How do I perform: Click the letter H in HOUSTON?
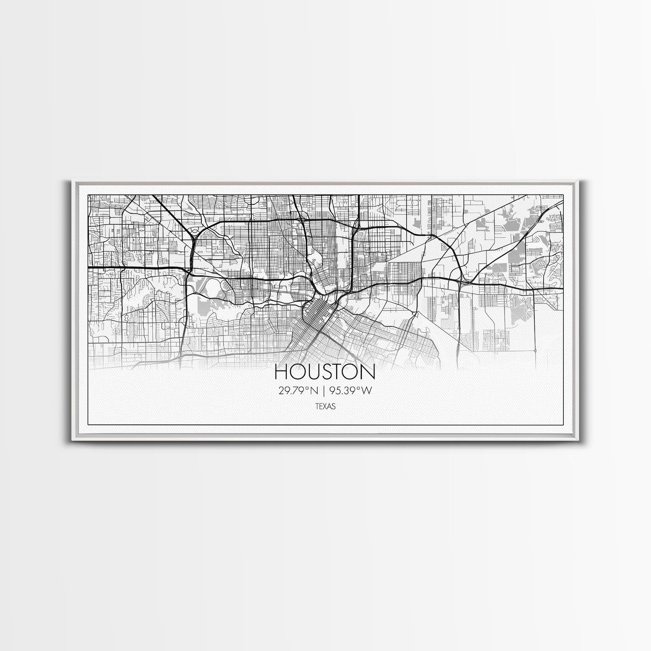(281, 372)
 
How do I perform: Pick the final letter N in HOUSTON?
(368, 372)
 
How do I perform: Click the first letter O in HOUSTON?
(296, 372)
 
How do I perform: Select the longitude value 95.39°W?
(351, 391)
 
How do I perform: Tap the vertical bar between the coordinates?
(323, 391)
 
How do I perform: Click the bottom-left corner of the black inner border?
(88, 424)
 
